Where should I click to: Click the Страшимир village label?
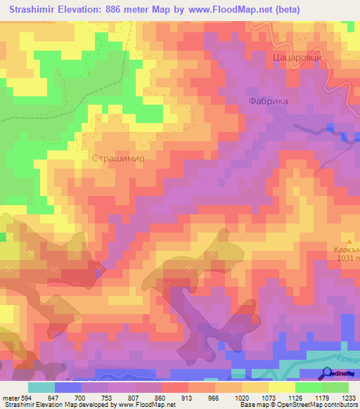118,159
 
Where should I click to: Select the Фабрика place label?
269,101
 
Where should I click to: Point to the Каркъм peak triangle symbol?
346,240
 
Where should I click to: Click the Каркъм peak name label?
346,249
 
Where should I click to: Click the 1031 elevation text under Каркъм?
345,258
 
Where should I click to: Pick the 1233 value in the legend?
347,397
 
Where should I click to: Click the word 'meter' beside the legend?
10,397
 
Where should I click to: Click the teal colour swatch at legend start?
41,387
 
